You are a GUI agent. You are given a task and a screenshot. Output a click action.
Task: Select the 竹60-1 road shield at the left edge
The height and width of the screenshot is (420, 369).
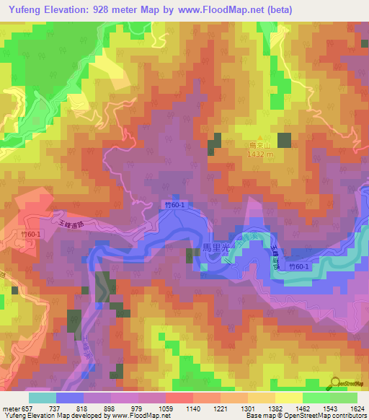(x=30, y=234)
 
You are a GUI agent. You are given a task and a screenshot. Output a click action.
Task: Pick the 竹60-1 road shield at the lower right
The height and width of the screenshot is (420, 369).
(x=298, y=267)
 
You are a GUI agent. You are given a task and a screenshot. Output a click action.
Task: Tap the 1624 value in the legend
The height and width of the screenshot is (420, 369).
(x=357, y=408)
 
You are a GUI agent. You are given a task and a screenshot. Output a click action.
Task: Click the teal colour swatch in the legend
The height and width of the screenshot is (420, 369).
(x=43, y=398)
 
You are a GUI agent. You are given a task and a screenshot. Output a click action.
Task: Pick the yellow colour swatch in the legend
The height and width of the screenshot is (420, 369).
(x=288, y=398)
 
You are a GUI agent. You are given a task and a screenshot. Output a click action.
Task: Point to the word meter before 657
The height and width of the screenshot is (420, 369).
(x=11, y=408)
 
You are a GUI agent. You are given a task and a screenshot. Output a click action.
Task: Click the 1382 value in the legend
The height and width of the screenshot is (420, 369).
(x=276, y=408)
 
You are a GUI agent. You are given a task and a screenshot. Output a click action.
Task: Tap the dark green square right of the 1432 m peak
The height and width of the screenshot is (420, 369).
(x=284, y=141)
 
